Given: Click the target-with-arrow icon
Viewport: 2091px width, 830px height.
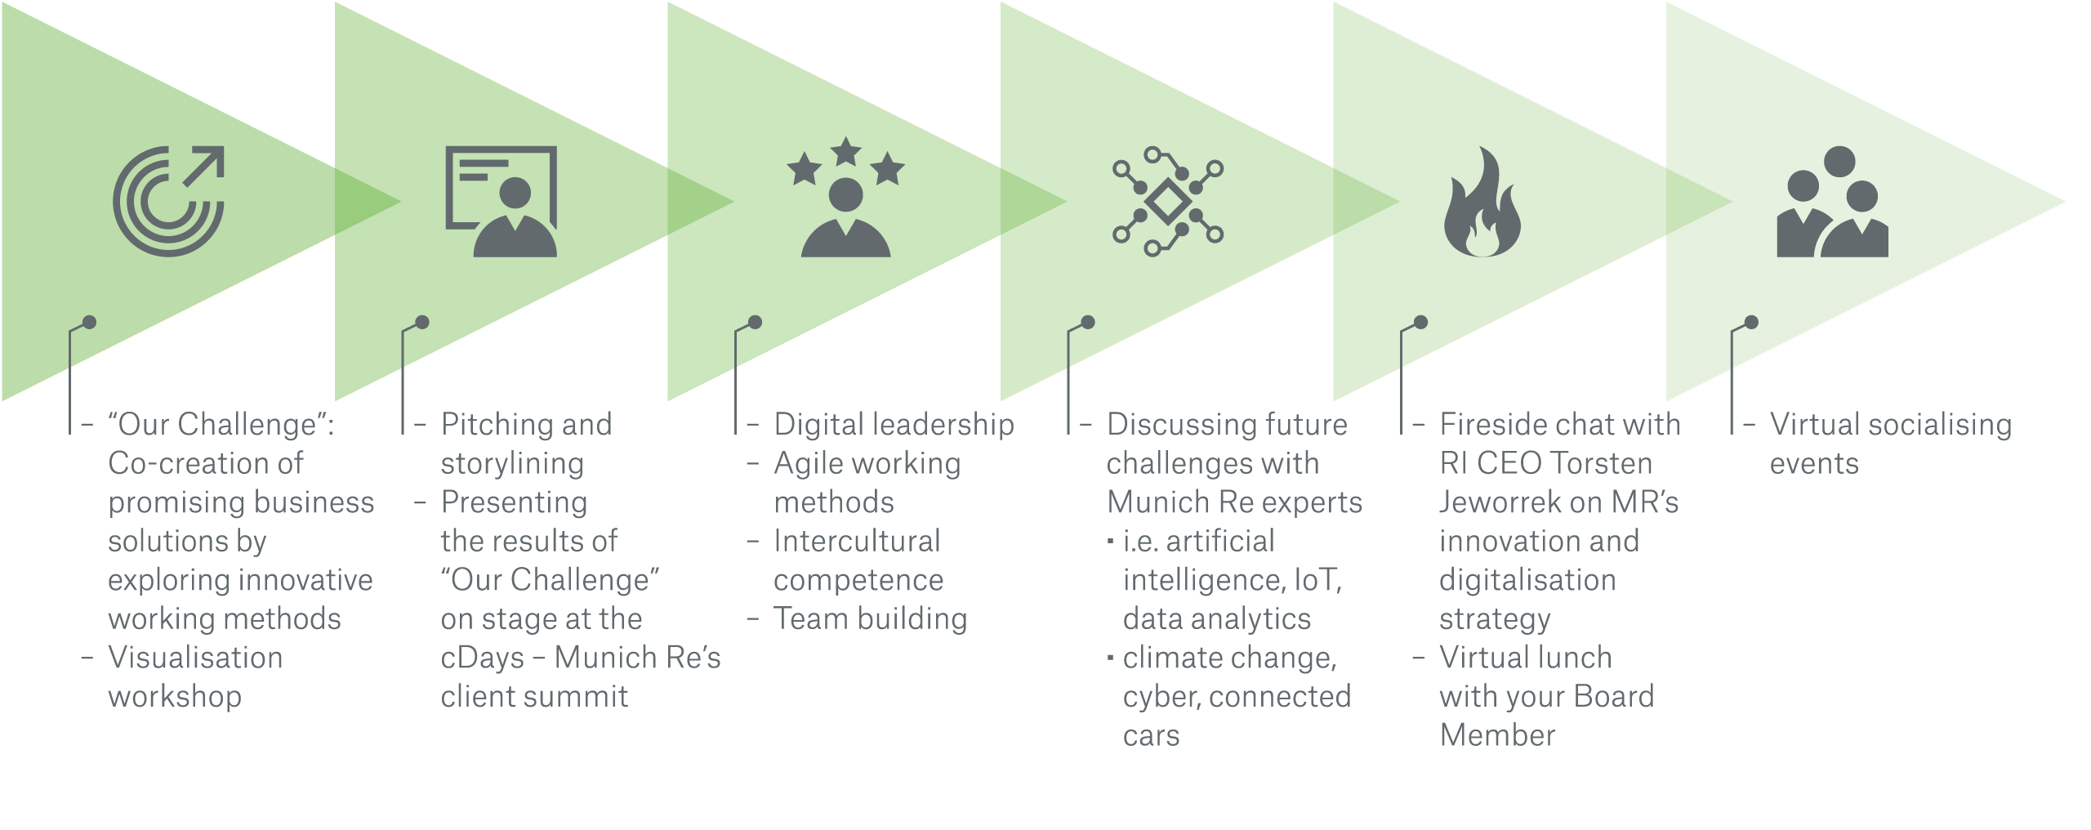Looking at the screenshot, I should point(168,202).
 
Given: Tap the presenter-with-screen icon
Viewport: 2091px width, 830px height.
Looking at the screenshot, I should point(502,202).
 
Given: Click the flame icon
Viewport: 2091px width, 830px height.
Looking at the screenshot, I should point(1482,203).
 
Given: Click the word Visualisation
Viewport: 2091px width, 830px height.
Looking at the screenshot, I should point(195,658).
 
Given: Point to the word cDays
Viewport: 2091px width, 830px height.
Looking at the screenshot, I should point(482,658).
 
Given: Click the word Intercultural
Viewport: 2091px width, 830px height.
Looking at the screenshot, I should point(857,541).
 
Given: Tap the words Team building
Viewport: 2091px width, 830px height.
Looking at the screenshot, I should point(870,619).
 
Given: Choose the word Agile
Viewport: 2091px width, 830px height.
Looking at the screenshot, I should point(813,464).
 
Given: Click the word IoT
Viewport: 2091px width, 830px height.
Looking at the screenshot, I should point(1317,580).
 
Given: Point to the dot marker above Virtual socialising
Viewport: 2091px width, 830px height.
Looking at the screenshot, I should point(1751,322).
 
